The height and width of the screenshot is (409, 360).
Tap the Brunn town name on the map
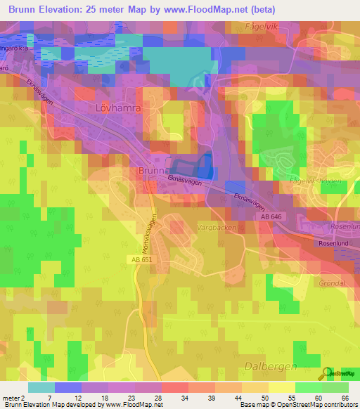click(151, 171)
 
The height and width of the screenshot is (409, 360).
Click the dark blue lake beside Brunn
click(205, 167)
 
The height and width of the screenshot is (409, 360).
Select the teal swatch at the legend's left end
click(41, 387)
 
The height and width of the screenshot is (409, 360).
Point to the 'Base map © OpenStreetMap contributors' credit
click(297, 405)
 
